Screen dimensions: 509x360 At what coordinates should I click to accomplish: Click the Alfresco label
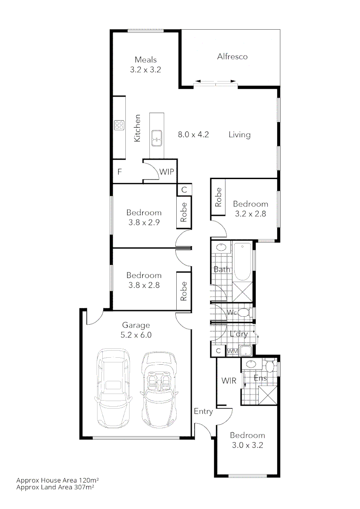232,57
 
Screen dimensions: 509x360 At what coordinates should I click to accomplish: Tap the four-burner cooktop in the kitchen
119,125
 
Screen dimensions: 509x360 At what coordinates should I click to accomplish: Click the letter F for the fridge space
120,172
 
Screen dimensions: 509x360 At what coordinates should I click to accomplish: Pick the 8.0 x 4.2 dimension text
193,135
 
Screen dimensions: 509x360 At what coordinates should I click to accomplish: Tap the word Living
239,135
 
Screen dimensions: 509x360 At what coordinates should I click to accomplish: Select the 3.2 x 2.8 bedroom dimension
251,213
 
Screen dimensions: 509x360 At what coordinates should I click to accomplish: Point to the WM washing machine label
232,351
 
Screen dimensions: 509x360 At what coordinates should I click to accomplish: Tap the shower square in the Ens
266,394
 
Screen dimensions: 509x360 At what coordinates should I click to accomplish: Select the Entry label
204,411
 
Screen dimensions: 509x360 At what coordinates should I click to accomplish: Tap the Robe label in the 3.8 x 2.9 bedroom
184,212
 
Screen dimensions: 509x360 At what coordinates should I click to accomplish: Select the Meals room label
146,60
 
